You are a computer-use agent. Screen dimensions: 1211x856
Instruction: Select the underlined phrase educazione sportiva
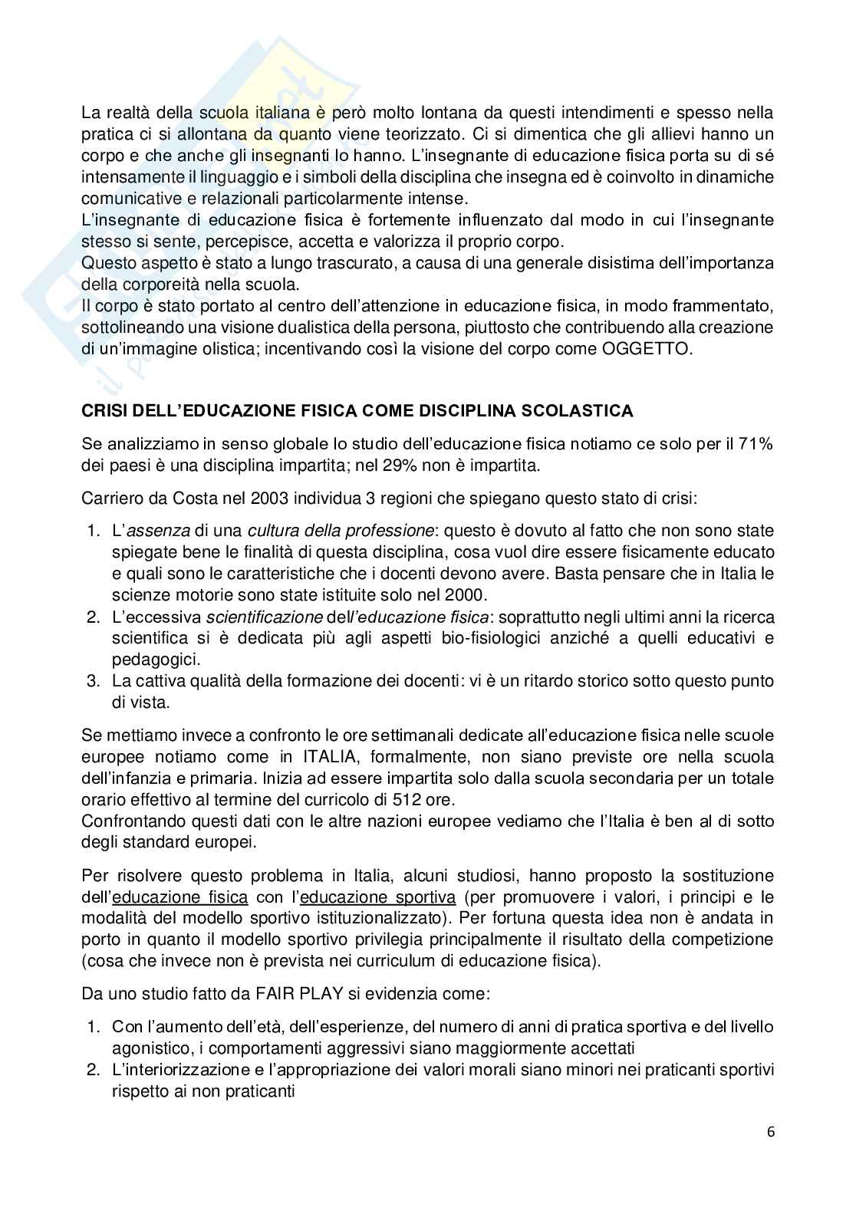(x=377, y=897)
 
